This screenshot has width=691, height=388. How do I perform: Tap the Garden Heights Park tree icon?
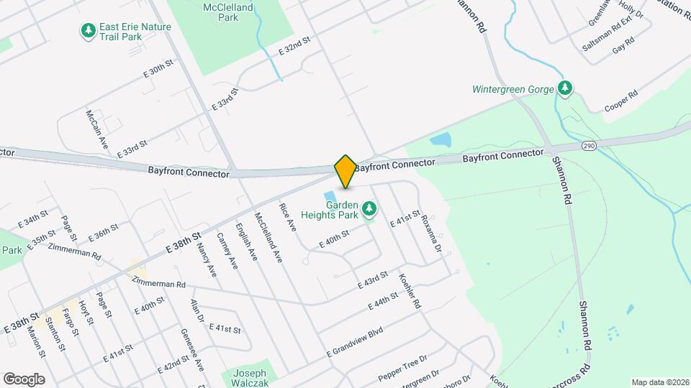tap(370, 209)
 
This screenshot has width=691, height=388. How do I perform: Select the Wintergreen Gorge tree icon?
tap(566, 88)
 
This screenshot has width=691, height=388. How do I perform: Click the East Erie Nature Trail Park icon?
tap(88, 31)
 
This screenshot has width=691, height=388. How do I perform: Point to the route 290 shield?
tap(589, 146)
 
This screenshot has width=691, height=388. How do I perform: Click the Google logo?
tap(24, 379)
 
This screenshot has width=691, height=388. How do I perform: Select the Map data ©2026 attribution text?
tap(660, 382)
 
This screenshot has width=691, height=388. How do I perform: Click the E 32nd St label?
tap(294, 47)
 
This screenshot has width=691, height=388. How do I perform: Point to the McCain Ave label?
tap(96, 129)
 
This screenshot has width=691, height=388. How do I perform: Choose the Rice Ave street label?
tap(288, 217)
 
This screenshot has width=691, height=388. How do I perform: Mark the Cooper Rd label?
tap(623, 101)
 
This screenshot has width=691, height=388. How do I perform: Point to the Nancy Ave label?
tap(206, 260)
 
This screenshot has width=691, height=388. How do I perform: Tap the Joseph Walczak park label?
tap(249, 378)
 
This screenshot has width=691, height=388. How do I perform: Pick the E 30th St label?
tap(158, 69)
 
